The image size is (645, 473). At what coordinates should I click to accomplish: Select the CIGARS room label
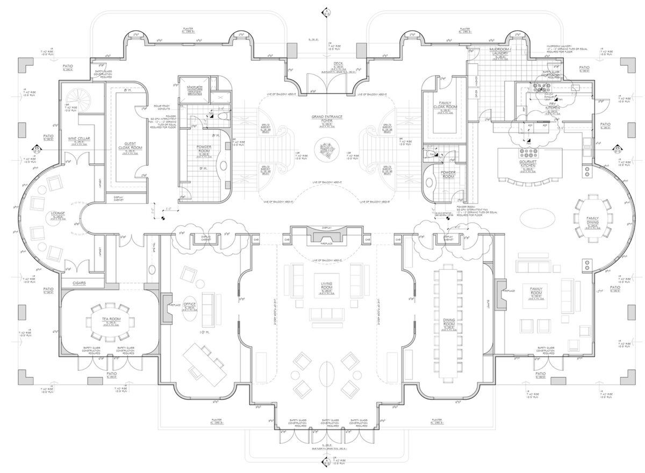tap(76, 283)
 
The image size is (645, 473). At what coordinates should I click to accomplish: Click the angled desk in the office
tap(205, 362)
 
